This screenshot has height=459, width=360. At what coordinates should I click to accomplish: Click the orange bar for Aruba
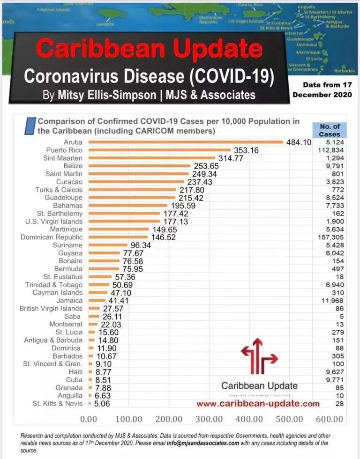point(186,142)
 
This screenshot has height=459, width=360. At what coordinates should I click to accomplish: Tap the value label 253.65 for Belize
point(205,166)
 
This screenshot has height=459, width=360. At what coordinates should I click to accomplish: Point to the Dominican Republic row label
point(52,237)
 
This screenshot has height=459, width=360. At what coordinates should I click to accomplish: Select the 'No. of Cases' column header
point(330,130)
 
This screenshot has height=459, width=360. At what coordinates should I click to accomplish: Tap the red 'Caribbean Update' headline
point(149,49)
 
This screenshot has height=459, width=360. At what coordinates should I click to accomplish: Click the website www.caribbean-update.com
point(258,403)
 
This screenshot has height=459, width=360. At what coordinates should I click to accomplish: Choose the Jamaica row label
point(69,301)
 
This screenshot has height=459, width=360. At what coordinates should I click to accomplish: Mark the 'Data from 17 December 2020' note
point(323,90)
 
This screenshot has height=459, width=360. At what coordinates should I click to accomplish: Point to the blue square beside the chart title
point(31,126)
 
